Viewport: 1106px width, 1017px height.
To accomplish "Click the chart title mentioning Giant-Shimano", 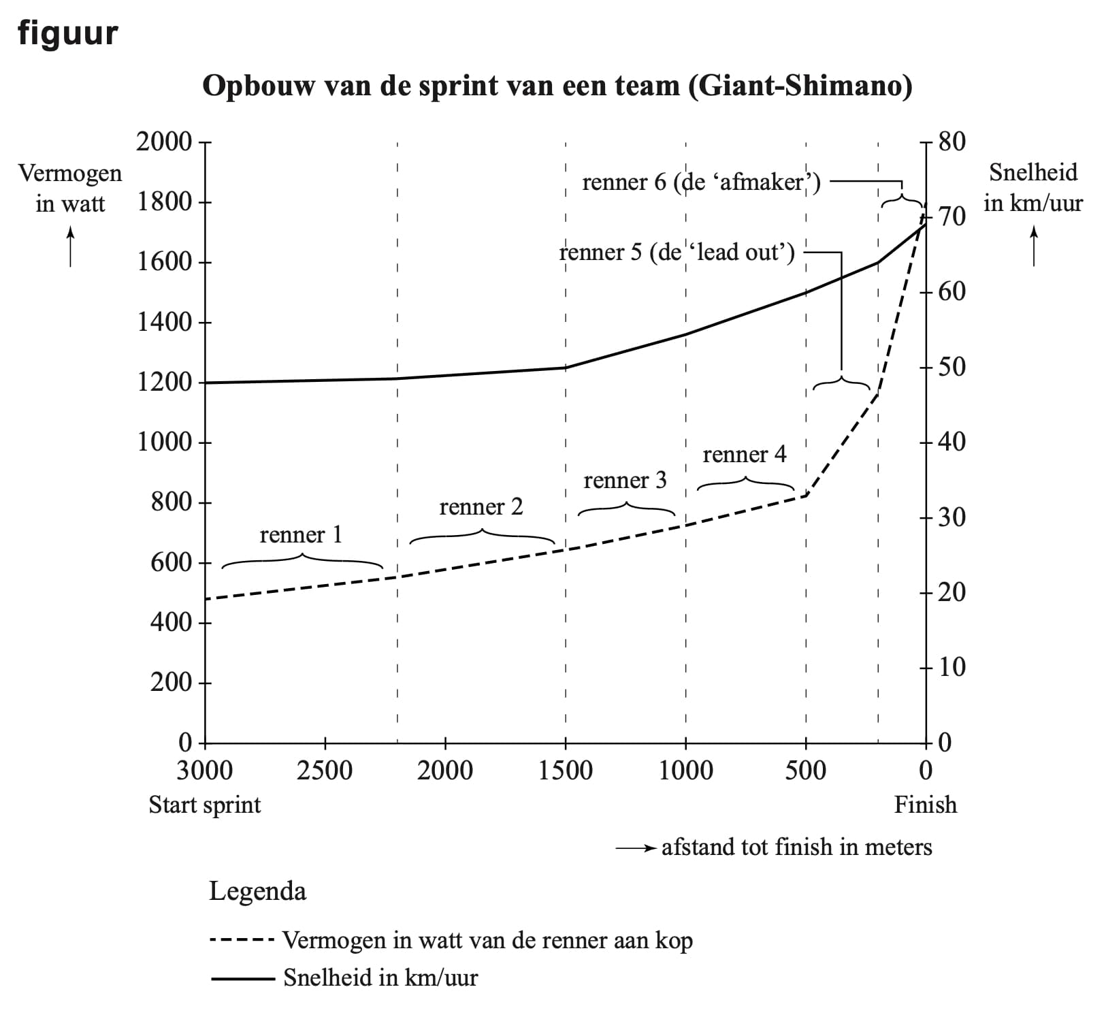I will click(x=557, y=86).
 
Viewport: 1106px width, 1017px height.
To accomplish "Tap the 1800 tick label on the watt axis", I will click(x=165, y=202).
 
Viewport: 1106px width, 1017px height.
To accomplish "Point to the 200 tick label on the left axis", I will click(x=172, y=682).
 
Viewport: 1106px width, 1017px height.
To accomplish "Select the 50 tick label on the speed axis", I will click(x=952, y=367).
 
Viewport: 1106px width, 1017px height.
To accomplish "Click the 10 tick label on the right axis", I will click(x=952, y=667).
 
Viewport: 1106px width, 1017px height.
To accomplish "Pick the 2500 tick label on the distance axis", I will click(x=325, y=771).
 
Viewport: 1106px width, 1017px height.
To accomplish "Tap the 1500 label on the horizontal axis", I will click(x=565, y=771).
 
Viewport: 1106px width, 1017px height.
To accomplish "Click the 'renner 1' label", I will click(x=301, y=535).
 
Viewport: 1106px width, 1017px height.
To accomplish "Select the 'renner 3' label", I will click(x=625, y=481).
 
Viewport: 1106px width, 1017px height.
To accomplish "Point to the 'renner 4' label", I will click(x=744, y=454).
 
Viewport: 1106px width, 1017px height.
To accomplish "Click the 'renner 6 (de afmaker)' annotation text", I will click(x=701, y=182).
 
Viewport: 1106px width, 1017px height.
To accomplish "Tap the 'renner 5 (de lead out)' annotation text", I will click(x=677, y=253).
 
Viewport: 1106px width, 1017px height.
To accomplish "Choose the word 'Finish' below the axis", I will click(x=925, y=805).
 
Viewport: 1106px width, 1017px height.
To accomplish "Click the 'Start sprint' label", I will click(x=205, y=805).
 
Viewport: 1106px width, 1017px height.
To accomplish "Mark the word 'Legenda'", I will click(x=257, y=891).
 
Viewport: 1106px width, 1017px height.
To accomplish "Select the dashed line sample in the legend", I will click(x=242, y=941).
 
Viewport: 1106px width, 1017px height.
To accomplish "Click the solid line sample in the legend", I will click(x=242, y=979).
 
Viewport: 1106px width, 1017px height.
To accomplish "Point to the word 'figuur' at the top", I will click(x=68, y=33).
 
